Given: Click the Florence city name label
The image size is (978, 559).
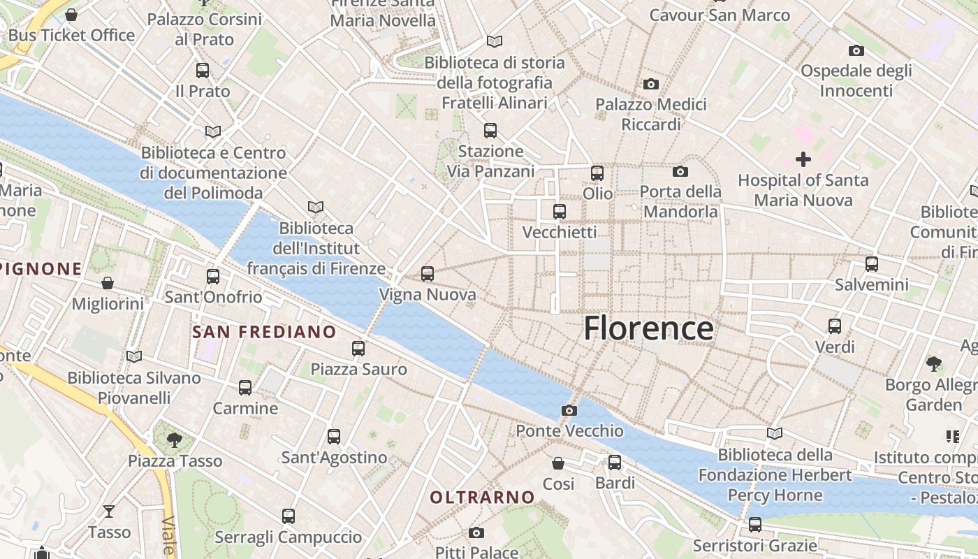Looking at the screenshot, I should (x=648, y=328).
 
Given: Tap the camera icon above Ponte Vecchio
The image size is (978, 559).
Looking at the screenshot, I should (x=569, y=410).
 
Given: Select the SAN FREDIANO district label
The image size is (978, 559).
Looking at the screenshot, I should (x=264, y=332).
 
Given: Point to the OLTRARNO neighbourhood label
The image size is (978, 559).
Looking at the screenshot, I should (x=482, y=498).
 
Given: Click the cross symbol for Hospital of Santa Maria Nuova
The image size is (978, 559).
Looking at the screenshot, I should (x=803, y=159).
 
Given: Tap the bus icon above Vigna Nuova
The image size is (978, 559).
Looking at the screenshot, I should (x=428, y=274).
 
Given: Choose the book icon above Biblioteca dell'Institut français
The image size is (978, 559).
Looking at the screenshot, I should (x=316, y=207).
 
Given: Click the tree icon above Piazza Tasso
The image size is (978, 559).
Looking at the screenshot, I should (x=175, y=440).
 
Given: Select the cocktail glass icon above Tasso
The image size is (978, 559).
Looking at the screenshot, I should (x=109, y=511).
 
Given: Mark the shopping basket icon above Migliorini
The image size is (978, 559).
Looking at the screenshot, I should (x=108, y=283).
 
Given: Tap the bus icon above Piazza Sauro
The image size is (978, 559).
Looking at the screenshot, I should (x=358, y=348).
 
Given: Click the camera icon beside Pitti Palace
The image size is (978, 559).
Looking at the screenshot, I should (x=476, y=533).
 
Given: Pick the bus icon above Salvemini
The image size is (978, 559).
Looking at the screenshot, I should (x=872, y=263).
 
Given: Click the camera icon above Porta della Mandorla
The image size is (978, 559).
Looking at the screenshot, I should (x=680, y=171).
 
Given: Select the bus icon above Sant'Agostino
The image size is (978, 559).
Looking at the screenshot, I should (x=334, y=437).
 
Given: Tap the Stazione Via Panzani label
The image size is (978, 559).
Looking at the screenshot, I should (x=490, y=161).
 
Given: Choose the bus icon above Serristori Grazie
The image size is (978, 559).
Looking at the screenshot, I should (x=755, y=524).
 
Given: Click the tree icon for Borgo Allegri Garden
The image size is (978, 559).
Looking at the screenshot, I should (x=933, y=363).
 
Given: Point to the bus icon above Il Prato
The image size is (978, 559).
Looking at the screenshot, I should (x=203, y=70).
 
